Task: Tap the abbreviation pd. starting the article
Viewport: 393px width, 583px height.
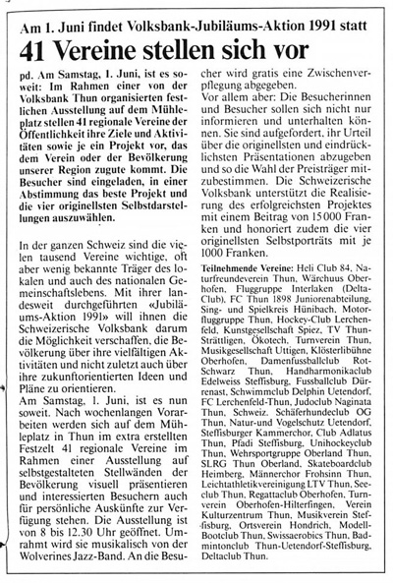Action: [29, 73]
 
